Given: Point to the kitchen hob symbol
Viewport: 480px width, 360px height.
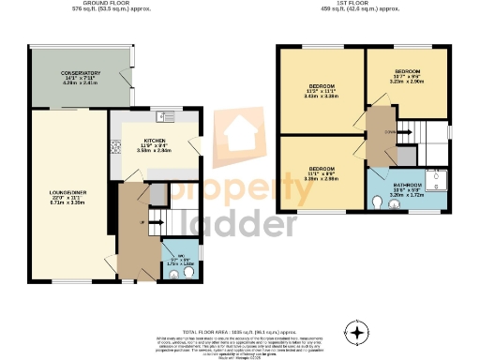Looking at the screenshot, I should tap(116, 146).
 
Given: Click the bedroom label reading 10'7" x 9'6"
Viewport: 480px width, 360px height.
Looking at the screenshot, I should tap(408, 76).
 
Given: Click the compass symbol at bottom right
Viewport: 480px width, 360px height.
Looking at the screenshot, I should tap(357, 331).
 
